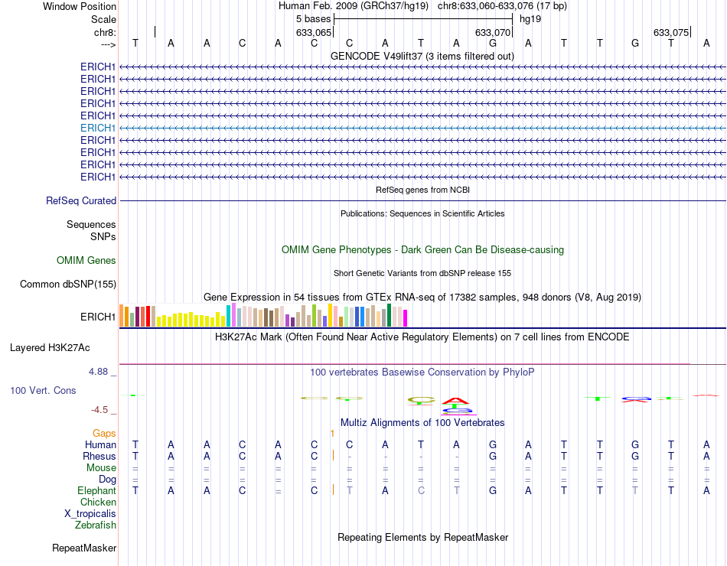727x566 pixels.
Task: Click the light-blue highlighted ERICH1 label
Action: pos(98,128)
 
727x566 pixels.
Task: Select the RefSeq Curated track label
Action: pos(81,201)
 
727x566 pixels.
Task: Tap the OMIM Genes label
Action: pos(86,261)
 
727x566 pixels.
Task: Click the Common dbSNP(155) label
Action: pos(67,285)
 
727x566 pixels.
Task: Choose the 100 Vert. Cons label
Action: pos(43,390)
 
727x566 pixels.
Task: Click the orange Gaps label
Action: pos(105,433)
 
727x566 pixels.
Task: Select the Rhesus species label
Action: pos(99,456)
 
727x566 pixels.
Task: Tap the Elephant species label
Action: pos(96,490)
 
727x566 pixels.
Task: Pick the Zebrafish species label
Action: pos(96,525)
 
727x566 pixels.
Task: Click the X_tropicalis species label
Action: pos(90,514)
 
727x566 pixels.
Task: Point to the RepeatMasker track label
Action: pos(84,548)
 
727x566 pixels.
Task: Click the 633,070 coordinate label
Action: pos(492,33)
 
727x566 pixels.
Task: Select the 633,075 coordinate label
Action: pos(671,33)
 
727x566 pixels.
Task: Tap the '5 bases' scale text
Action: pos(314,18)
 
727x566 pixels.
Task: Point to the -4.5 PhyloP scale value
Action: pos(103,409)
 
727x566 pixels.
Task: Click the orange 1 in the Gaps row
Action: pos(332,434)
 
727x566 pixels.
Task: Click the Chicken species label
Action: pos(98,503)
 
